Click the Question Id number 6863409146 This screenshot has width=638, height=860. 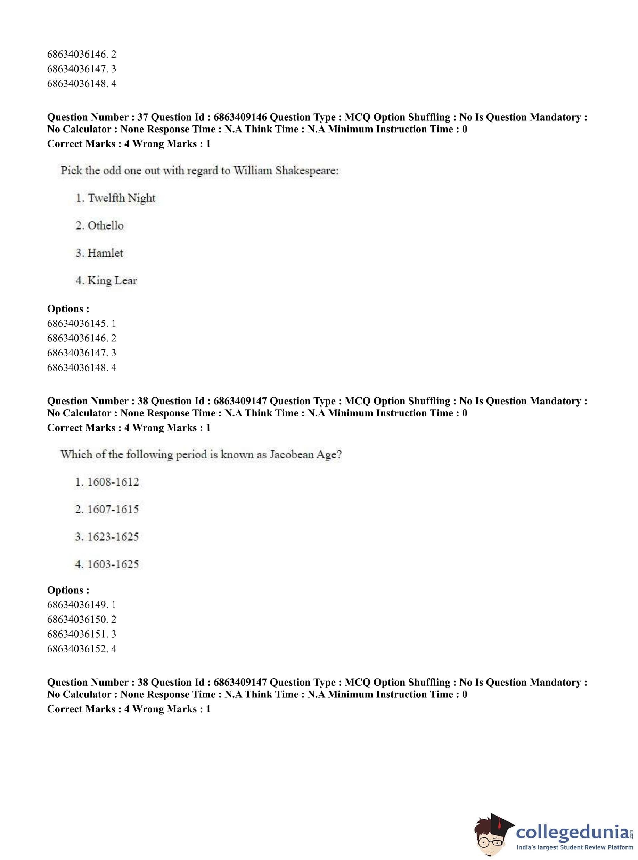coord(240,117)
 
